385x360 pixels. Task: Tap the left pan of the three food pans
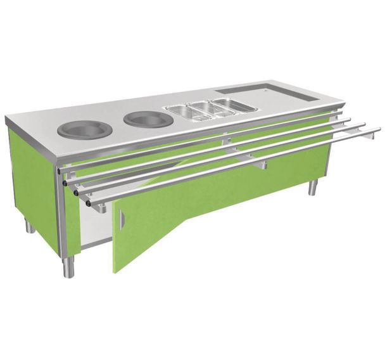click(184, 111)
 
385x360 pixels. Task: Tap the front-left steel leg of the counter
click(68, 266)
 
